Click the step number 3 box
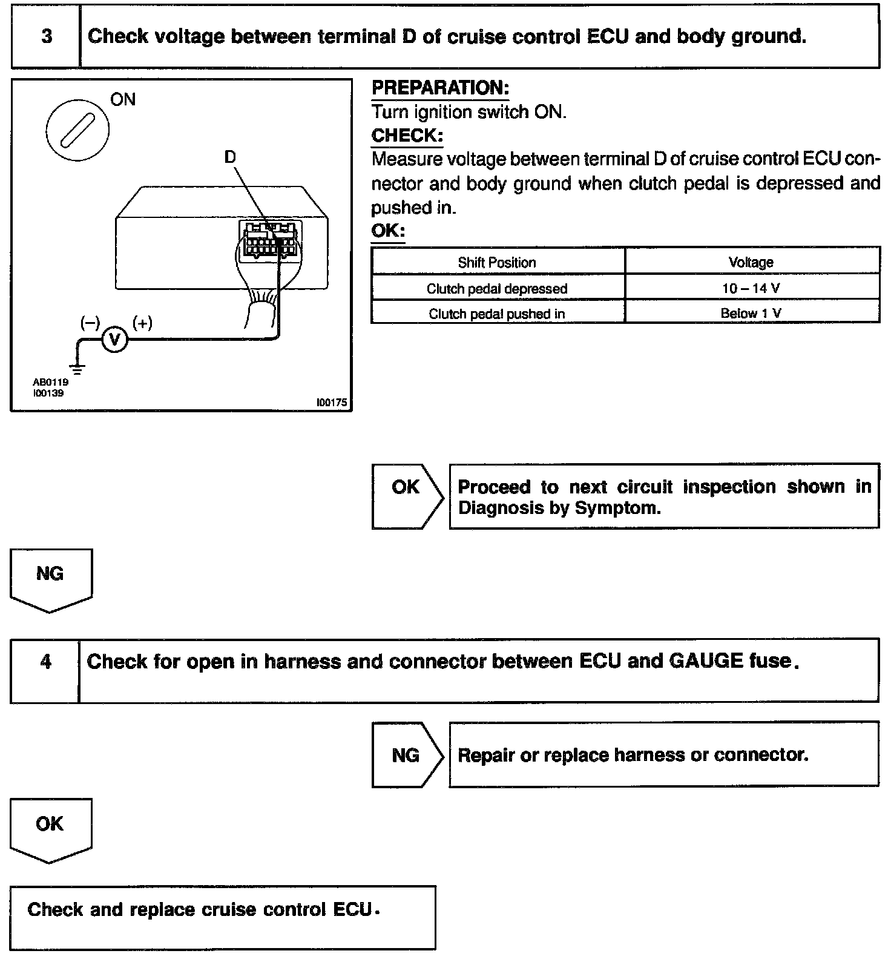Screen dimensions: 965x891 [46, 36]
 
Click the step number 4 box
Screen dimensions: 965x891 [45, 662]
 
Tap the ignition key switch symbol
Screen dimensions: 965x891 [77, 130]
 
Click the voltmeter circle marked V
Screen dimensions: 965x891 [114, 340]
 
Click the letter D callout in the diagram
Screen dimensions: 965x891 [230, 157]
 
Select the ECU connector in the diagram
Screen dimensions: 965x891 [271, 240]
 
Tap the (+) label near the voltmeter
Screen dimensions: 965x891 [143, 323]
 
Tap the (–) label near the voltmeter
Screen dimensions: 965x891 [90, 323]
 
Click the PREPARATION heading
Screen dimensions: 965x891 [440, 88]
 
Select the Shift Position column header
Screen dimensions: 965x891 [497, 263]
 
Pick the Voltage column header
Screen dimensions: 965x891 [751, 263]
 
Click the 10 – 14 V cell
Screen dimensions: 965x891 [751, 288]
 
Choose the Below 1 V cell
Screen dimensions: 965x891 [751, 313]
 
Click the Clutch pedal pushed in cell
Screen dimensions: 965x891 [497, 314]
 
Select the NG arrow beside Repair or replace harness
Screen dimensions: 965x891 [407, 755]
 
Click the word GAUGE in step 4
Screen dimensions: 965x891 [706, 660]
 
